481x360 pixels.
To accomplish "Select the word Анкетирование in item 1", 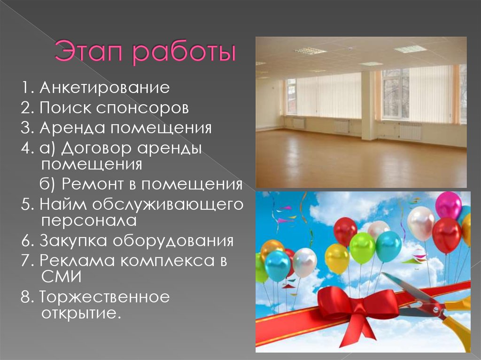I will [105, 87].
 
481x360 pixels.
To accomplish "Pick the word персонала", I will [88, 220].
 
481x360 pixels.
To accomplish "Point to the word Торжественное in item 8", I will [104, 298].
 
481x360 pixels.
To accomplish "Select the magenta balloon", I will [448, 205].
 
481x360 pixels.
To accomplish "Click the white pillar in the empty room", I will [369, 106].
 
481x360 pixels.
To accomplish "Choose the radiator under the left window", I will [299, 123].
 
